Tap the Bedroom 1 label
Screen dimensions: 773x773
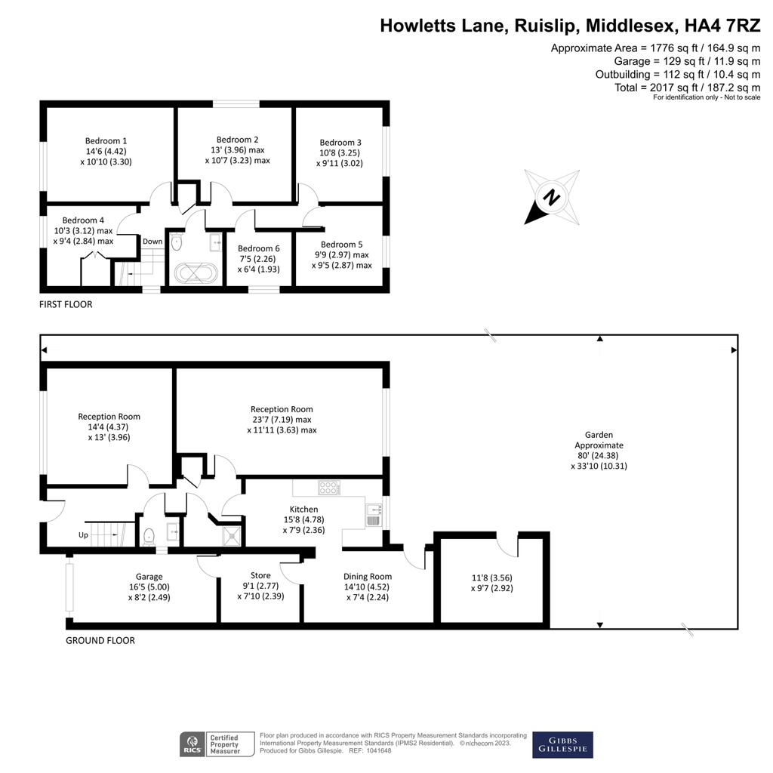[106, 140]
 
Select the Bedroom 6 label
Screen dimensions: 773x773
[258, 248]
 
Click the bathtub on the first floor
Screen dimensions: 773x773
[196, 273]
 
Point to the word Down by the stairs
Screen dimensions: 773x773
[152, 242]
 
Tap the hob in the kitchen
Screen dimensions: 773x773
[329, 487]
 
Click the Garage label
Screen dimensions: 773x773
[149, 577]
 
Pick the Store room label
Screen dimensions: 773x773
[260, 575]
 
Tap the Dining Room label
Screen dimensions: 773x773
[368, 577]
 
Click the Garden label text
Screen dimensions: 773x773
[599, 435]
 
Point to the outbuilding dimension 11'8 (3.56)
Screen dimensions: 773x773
[491, 577]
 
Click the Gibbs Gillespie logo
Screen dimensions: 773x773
[562, 744]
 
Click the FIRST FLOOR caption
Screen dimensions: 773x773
[66, 304]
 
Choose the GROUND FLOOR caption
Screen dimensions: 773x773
[100, 640]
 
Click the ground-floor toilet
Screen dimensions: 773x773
[149, 536]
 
